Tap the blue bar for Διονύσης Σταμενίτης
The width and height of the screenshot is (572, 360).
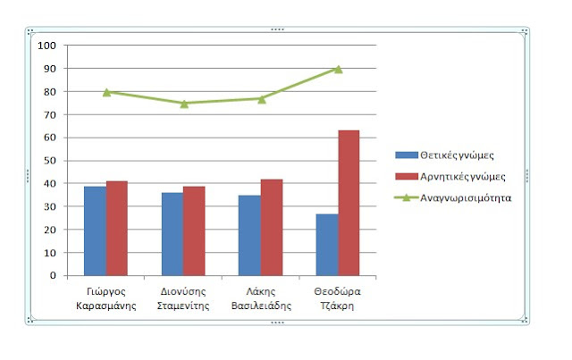coord(172,233)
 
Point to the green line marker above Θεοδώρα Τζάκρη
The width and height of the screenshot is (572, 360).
coord(338,69)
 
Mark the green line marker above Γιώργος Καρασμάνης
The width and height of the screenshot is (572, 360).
coord(106,92)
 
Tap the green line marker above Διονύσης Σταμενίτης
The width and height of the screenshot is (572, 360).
coord(184,104)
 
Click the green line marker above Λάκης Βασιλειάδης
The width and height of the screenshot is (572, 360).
coord(261,98)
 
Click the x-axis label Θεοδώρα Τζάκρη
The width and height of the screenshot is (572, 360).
coord(338,297)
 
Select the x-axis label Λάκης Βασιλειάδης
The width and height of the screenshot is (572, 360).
coord(261,297)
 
